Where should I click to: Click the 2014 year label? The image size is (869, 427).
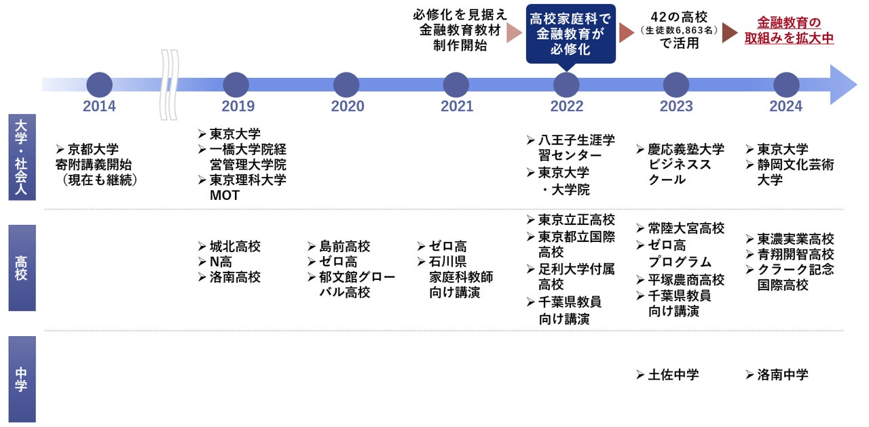[x=99, y=106]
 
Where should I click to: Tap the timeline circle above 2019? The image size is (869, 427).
[x=236, y=85]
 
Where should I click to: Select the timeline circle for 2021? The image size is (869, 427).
[x=456, y=85]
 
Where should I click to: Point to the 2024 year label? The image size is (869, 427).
[x=785, y=106]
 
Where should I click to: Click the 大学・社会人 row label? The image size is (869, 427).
[x=22, y=157]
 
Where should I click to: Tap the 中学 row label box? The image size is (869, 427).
[x=22, y=379]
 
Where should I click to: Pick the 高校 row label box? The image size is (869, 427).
[x=22, y=268]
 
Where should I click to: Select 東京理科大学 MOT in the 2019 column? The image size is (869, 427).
[x=247, y=188]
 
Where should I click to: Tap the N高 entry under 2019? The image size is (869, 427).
[x=220, y=262]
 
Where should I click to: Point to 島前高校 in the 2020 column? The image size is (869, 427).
[x=344, y=247]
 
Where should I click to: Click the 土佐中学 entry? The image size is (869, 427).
[x=673, y=374]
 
